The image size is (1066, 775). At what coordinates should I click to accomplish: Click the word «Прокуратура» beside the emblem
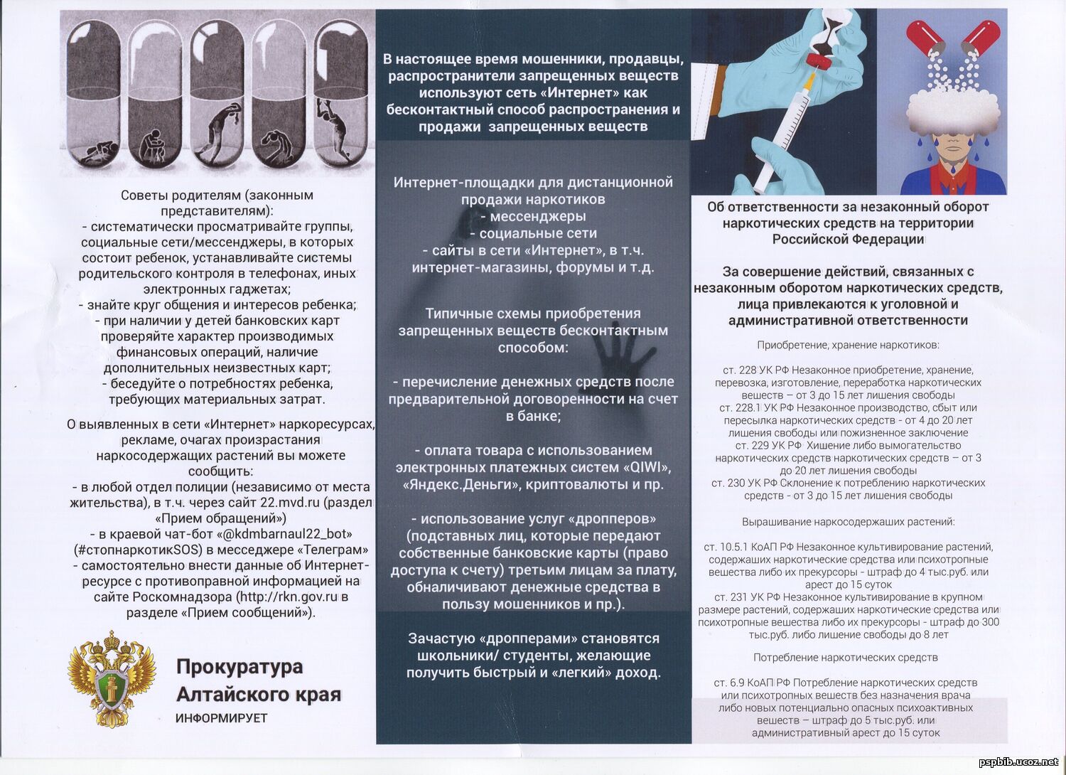(239, 668)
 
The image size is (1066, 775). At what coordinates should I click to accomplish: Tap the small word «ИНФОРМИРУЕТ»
(222, 718)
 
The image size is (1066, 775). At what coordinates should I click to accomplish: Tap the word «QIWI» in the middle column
(646, 468)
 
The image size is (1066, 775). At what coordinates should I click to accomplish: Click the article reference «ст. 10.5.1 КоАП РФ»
(748, 547)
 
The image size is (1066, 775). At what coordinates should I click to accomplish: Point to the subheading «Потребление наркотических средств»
(845, 658)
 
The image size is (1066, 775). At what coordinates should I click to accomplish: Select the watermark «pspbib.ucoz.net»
(1018, 762)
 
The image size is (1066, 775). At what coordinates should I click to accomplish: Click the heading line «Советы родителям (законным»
(217, 195)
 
